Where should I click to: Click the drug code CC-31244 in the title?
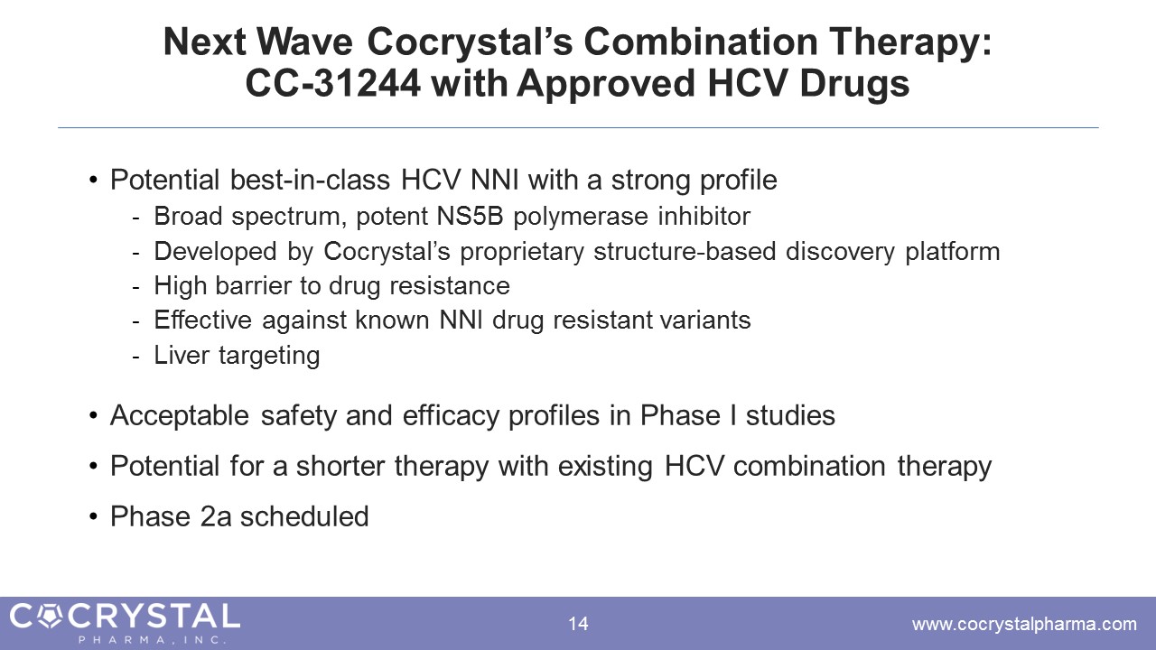pyautogui.click(x=333, y=83)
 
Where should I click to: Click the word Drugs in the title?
pyautogui.click(x=854, y=85)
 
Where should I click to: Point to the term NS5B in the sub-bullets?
pyautogui.click(x=470, y=216)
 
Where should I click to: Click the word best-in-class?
pyautogui.click(x=310, y=180)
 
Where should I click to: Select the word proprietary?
pyautogui.click(x=522, y=253)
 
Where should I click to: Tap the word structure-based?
pyautogui.click(x=685, y=251)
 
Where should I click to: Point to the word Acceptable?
pyautogui.click(x=180, y=416)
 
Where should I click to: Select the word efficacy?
pyautogui.click(x=451, y=417)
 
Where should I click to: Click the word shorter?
pyautogui.click(x=340, y=466)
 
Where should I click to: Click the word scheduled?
pyautogui.click(x=304, y=516)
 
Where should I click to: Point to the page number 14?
pyautogui.click(x=578, y=624)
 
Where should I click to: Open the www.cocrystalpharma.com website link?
pyautogui.click(x=1024, y=624)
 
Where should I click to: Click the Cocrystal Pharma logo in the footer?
pyautogui.click(x=125, y=623)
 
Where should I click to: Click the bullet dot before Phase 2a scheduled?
pyautogui.click(x=93, y=516)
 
